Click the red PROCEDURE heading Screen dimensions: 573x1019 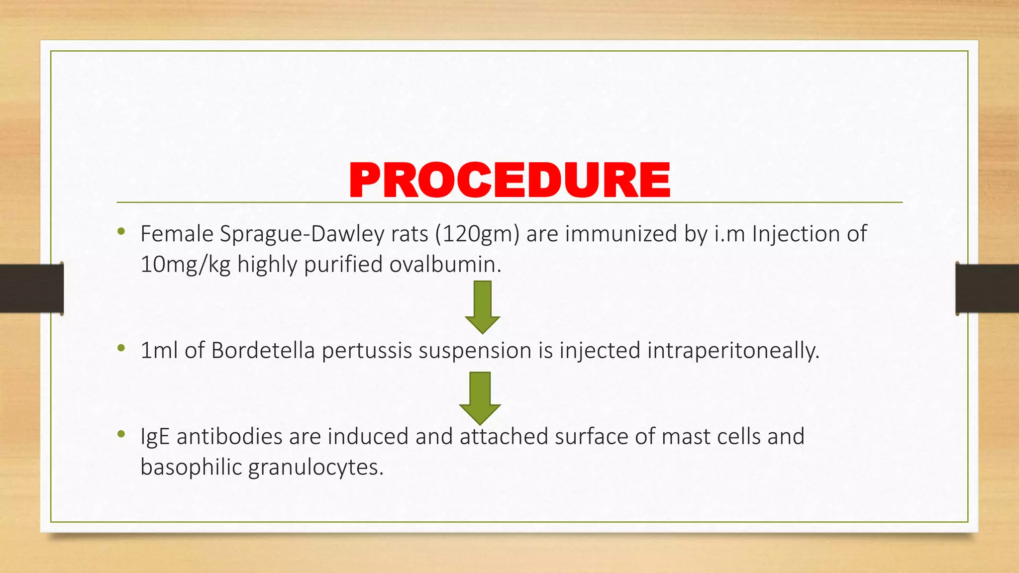click(509, 180)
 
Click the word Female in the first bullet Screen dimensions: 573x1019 click(177, 234)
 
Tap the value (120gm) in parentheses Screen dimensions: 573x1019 click(477, 234)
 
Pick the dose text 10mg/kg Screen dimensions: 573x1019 click(185, 265)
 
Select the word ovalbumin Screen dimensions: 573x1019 click(445, 264)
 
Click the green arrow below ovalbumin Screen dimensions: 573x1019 click(482, 306)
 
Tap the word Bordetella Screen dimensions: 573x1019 click(263, 351)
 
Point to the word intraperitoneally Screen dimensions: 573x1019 click(732, 351)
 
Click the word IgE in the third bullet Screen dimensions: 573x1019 click(155, 437)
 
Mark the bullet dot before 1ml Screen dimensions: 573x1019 click(121, 348)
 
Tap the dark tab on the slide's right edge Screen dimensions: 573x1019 click(987, 288)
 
